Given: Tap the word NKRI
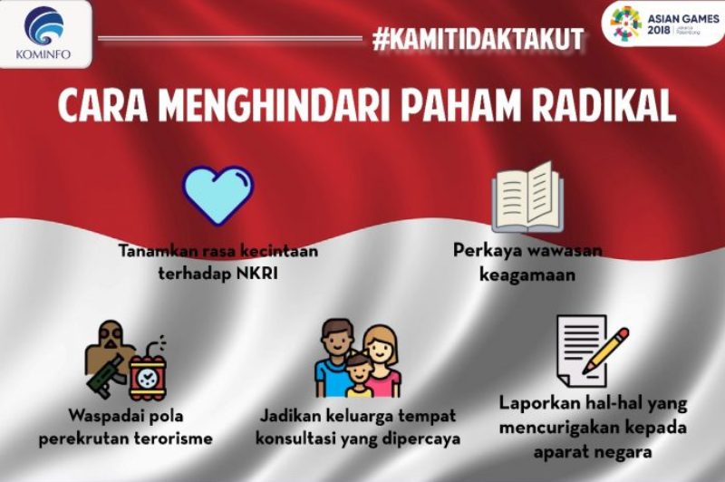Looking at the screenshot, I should tap(256, 271).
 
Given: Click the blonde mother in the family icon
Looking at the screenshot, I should tap(381, 358).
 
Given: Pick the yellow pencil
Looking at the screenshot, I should tap(604, 350).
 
